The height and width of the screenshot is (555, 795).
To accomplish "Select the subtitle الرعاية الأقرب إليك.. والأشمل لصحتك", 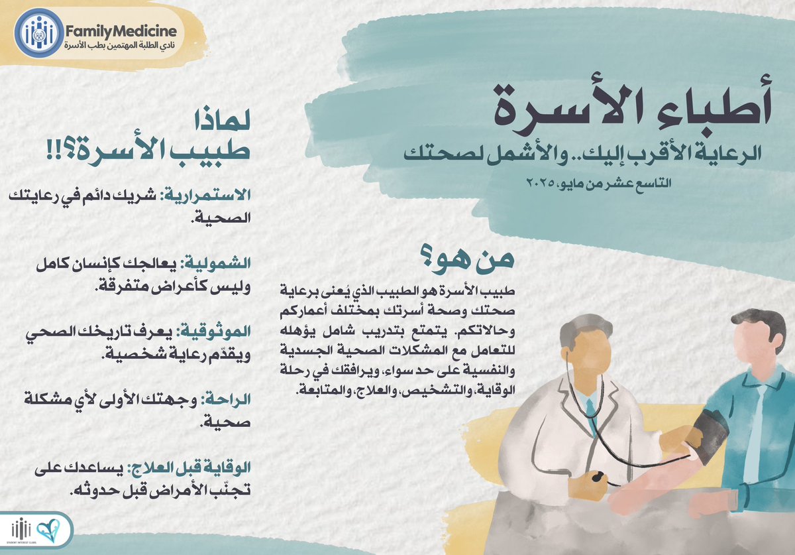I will (586, 155).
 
